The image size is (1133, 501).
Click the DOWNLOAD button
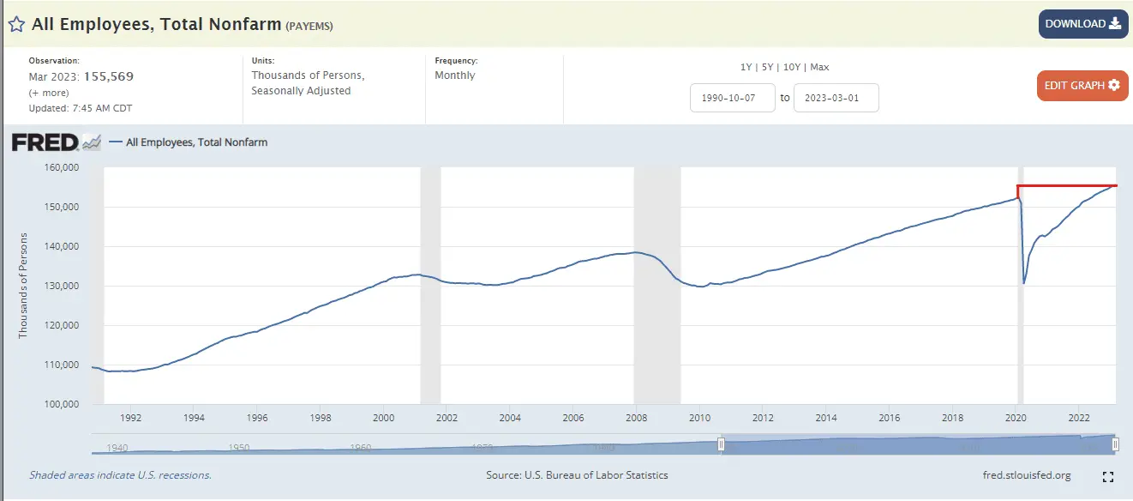pos(1083,24)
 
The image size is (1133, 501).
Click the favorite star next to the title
pos(16,24)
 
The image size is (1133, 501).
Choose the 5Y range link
pos(768,67)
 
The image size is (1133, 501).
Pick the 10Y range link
pos(791,67)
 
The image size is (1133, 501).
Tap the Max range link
pos(819,67)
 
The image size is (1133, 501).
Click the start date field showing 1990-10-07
pos(733,98)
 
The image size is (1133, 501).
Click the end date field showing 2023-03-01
pos(836,98)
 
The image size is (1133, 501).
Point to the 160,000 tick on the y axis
pos(60,167)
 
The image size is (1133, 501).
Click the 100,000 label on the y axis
pos(60,404)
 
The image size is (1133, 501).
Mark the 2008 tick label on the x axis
pos(636,419)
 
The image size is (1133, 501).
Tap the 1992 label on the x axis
pos(130,419)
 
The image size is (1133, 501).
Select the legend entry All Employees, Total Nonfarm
pos(196,142)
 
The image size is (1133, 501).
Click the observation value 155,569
pos(108,76)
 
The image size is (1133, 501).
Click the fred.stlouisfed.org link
pos(1027,475)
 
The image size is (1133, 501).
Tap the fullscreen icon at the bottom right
pos(1107,476)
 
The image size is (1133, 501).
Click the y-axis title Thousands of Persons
pos(23,285)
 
